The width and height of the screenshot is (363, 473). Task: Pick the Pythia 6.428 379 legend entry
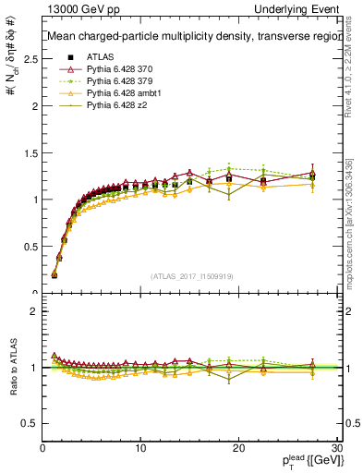click(x=116, y=81)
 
